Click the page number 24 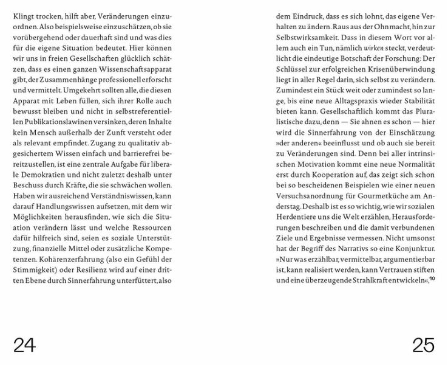click(x=24, y=346)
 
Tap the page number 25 click(x=423, y=346)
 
